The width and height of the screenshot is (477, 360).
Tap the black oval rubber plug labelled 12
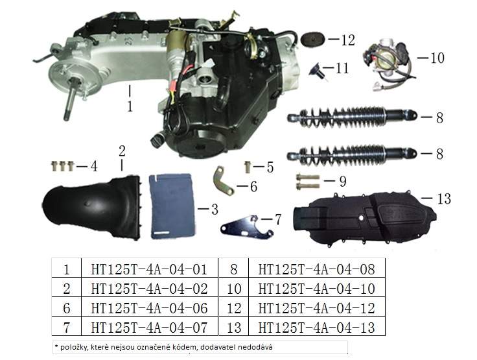tap(313, 40)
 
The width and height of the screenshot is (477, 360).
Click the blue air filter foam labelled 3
tap(172, 206)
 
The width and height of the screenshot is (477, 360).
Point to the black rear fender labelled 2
tap(91, 208)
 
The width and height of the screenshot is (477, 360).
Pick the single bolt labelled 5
tap(248, 167)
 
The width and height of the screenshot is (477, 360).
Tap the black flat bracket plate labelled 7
tap(246, 227)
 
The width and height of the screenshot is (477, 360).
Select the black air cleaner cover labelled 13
tap(364, 217)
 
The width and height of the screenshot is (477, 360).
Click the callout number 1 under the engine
tap(130, 106)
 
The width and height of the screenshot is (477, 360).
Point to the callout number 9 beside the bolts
tap(343, 181)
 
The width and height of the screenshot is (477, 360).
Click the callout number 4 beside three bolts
tap(94, 167)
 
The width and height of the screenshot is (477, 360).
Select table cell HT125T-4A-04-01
tap(149, 269)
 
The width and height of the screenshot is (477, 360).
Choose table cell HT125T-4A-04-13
tap(317, 328)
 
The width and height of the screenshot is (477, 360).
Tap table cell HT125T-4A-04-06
tap(149, 308)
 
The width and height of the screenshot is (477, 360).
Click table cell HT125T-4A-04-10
tap(317, 289)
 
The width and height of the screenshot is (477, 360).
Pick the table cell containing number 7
tap(67, 328)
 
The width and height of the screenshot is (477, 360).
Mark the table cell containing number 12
tap(234, 308)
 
